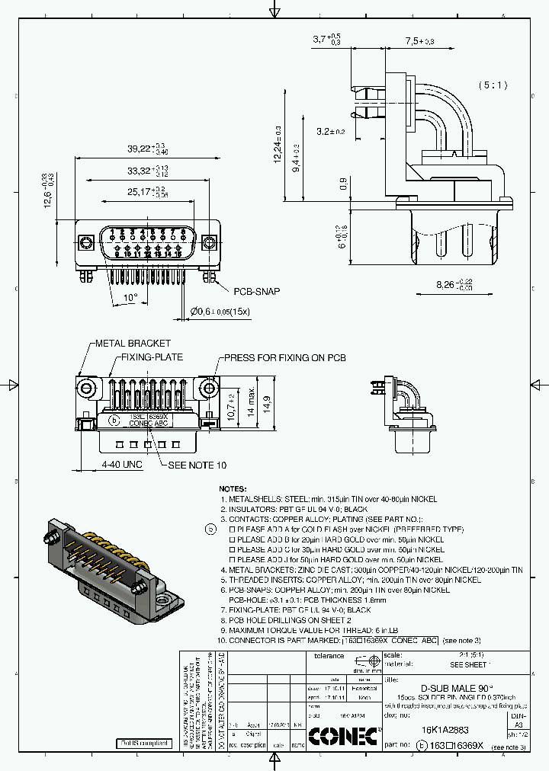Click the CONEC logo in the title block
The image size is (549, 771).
pyautogui.click(x=343, y=735)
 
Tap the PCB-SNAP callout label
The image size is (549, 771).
pyautogui.click(x=256, y=292)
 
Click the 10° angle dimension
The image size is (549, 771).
pyautogui.click(x=130, y=297)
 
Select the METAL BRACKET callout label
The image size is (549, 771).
pyautogui.click(x=133, y=344)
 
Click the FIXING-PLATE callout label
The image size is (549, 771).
pyautogui.click(x=152, y=357)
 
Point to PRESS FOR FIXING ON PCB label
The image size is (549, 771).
pyautogui.click(x=284, y=357)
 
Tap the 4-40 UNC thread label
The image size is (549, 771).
pyautogui.click(x=123, y=465)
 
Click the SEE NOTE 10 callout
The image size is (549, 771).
pyautogui.click(x=197, y=465)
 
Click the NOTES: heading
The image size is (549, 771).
pyautogui.click(x=233, y=488)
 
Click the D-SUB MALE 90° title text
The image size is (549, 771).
pyautogui.click(x=447, y=686)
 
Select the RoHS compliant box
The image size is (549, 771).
pyautogui.click(x=143, y=743)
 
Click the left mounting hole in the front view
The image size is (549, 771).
pyautogui.click(x=86, y=243)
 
